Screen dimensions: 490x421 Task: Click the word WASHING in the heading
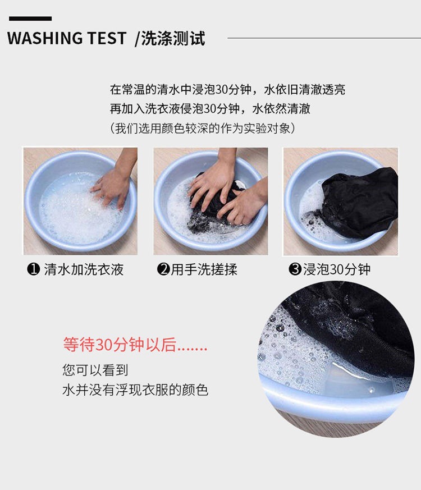pyautogui.click(x=44, y=39)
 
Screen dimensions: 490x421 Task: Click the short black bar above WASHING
pyautogui.click(x=30, y=19)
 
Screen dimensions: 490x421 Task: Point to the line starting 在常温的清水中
pyautogui.click(x=227, y=89)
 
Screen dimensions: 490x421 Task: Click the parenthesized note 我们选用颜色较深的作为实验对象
pyautogui.click(x=202, y=128)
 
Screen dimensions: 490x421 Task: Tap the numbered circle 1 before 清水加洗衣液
pyautogui.click(x=33, y=269)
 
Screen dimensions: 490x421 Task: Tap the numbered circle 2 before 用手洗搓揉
pyautogui.click(x=163, y=269)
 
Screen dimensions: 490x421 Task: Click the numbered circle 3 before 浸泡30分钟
pyautogui.click(x=295, y=269)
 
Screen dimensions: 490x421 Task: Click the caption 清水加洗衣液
pyautogui.click(x=84, y=269)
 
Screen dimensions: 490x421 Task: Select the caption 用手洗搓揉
pyautogui.click(x=204, y=269)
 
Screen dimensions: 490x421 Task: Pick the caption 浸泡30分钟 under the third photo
pyautogui.click(x=337, y=269)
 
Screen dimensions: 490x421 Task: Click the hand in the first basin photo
pyautogui.click(x=112, y=185)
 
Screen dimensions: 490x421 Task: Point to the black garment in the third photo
pyautogui.click(x=359, y=202)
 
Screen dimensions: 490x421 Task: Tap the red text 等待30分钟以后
pyautogui.click(x=135, y=345)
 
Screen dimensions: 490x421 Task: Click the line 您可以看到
pyautogui.click(x=95, y=370)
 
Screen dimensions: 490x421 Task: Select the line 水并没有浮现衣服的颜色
pyautogui.click(x=135, y=390)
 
